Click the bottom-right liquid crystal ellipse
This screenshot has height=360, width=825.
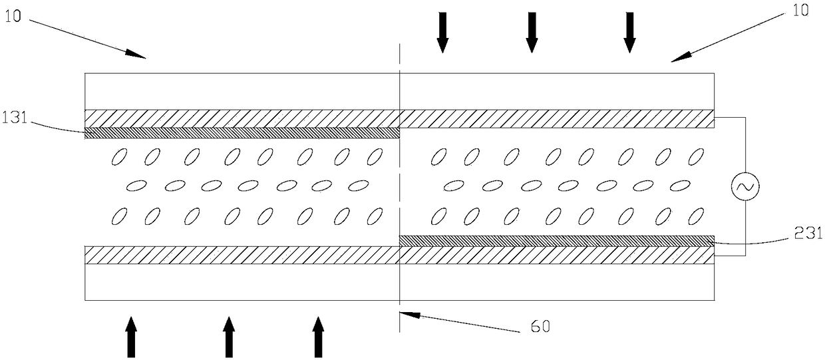(x=697, y=216)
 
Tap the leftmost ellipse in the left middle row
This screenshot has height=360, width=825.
(x=136, y=184)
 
